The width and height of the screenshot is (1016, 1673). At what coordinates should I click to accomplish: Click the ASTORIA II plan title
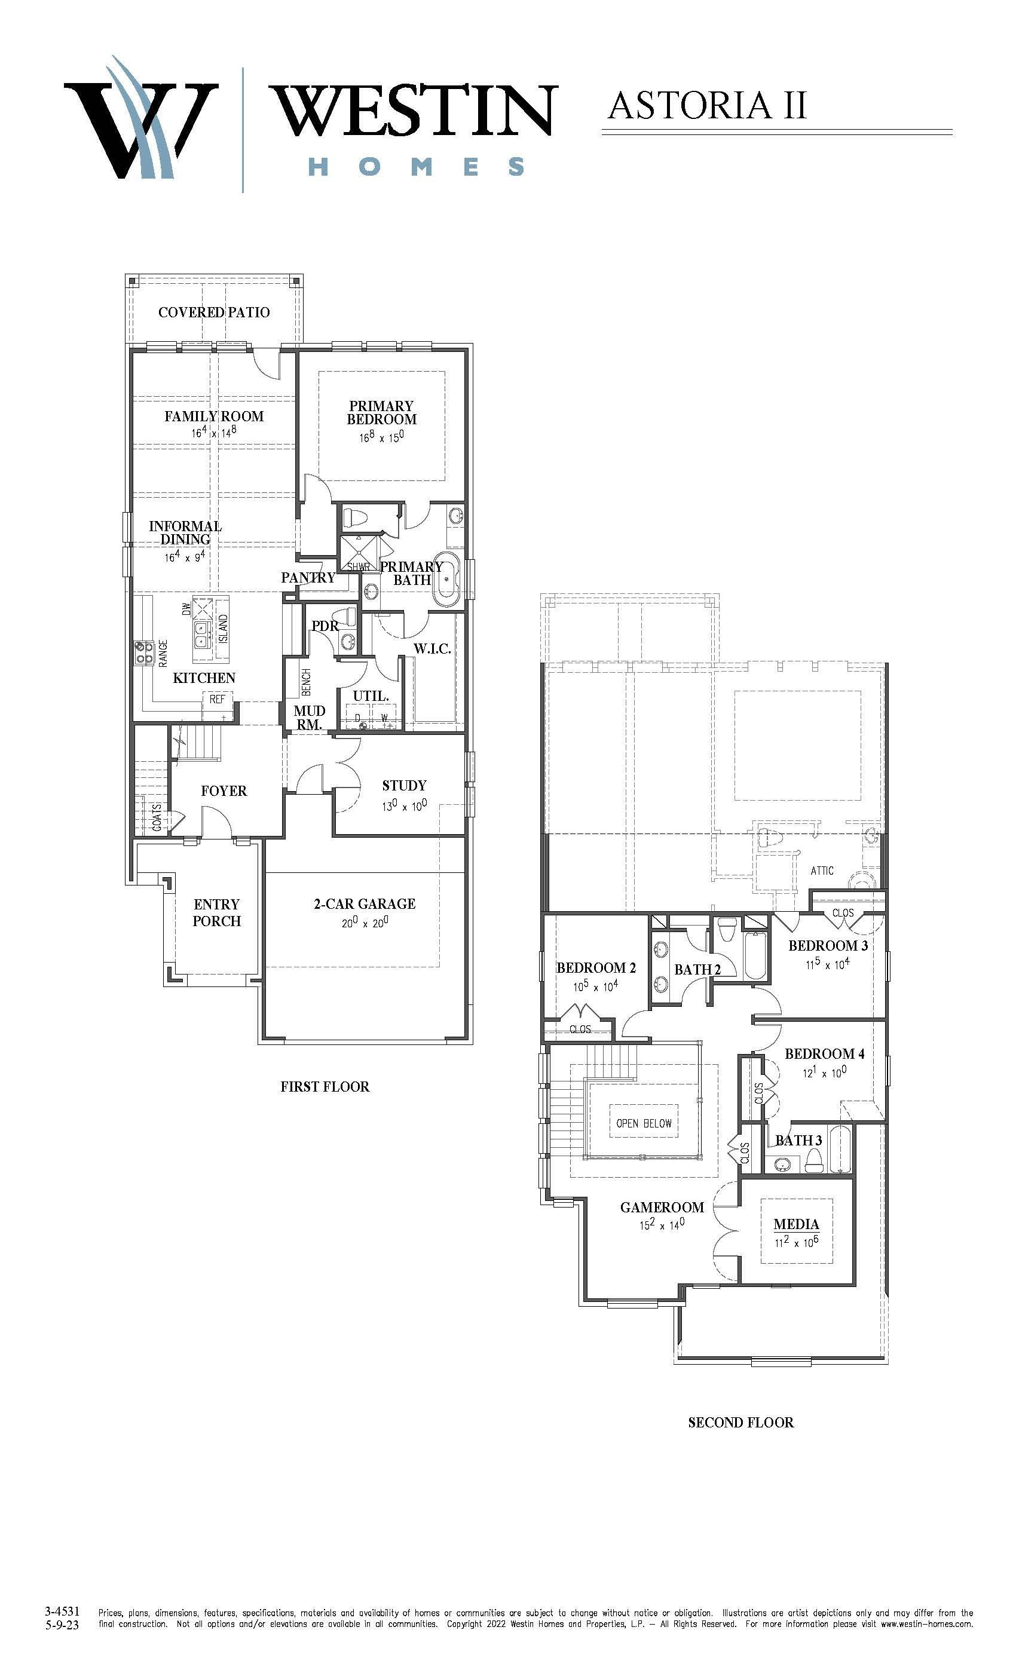pos(707,106)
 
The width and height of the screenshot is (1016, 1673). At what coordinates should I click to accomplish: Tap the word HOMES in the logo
pos(417,166)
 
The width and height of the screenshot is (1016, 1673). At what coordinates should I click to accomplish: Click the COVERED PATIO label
pos(214,312)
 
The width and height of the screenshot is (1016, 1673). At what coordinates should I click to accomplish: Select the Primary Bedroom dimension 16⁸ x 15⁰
pos(382,437)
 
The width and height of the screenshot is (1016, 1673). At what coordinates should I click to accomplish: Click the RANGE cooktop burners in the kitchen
pos(143,652)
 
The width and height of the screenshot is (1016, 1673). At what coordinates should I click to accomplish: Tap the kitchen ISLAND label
pos(224,629)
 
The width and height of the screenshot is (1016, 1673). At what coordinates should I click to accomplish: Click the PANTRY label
pos(308,578)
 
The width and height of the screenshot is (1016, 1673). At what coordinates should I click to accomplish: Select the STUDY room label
pos(404,786)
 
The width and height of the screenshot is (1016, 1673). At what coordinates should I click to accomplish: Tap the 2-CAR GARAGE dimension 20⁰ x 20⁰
pos(365,923)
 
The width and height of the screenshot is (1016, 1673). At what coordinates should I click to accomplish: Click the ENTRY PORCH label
pos(216,912)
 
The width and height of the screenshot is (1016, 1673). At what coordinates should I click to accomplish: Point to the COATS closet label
pos(157,818)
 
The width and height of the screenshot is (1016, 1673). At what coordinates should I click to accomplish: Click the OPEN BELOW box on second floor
pos(644,1124)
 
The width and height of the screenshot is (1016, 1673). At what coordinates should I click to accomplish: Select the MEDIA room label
pos(797,1224)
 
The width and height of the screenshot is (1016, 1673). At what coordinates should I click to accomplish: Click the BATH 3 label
pos(798,1140)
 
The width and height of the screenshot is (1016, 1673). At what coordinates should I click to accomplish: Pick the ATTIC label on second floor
pos(822,871)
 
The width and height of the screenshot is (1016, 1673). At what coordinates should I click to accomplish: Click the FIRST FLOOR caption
pos(325,1087)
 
